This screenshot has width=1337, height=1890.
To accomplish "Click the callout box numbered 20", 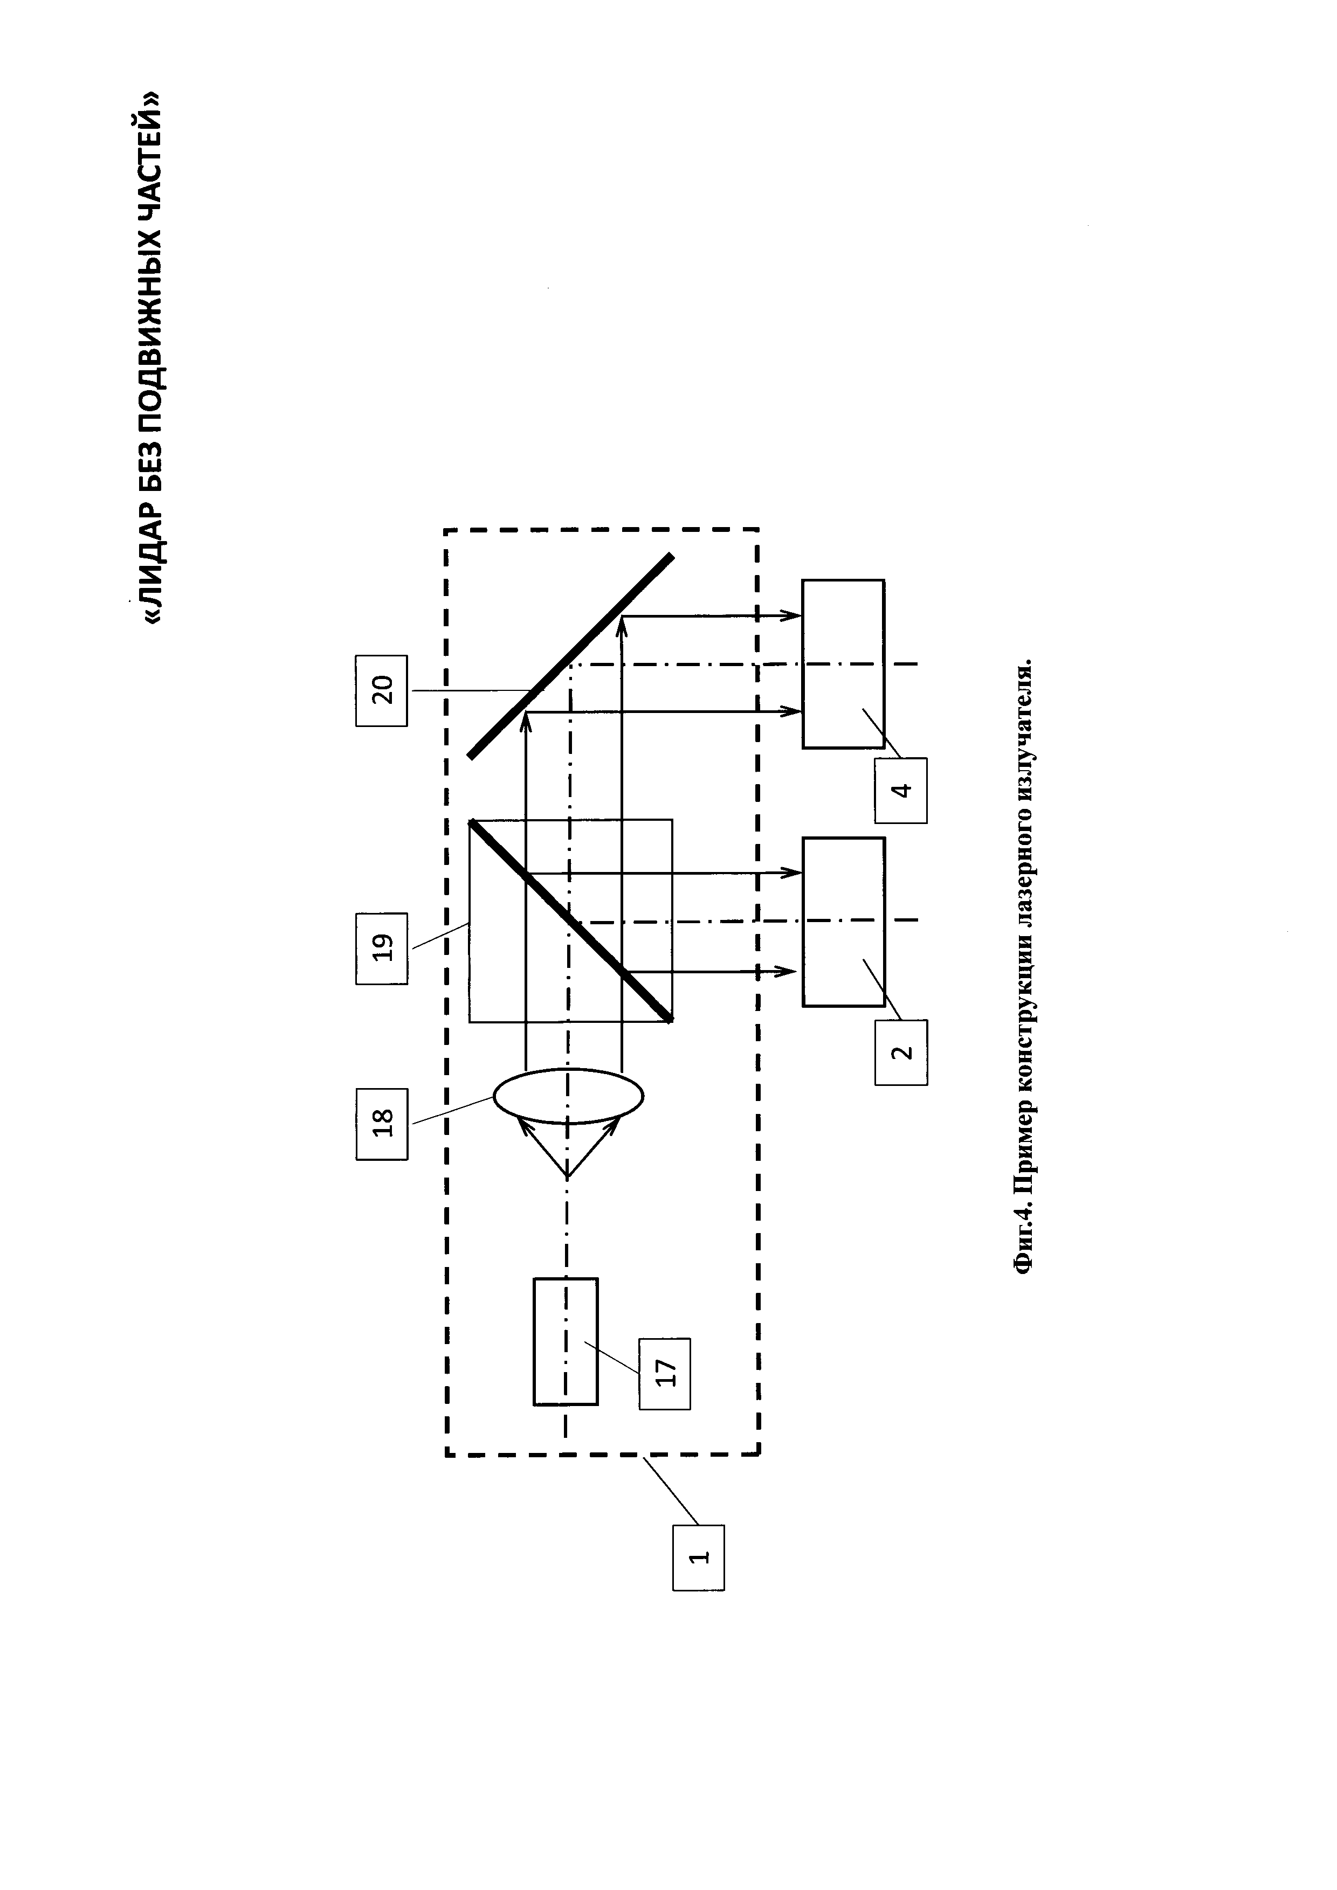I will click(381, 690).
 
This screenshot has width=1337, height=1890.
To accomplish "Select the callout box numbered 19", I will click(381, 949).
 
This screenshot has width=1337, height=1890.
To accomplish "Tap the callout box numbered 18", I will click(381, 1124).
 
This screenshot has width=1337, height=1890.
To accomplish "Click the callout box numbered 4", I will click(901, 790).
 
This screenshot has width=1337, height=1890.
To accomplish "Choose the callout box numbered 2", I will click(901, 1052).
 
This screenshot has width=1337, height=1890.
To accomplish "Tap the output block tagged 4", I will click(844, 663).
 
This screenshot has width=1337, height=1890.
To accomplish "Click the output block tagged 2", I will click(844, 922).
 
